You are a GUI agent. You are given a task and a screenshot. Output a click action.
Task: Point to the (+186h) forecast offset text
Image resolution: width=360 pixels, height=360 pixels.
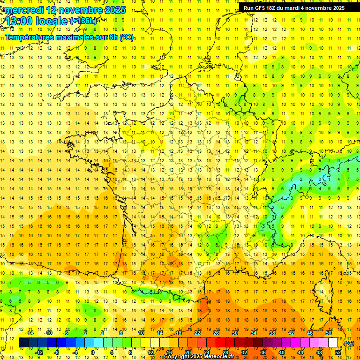point(83,21)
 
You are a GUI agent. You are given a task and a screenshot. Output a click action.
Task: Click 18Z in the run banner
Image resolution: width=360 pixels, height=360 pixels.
point(272,8)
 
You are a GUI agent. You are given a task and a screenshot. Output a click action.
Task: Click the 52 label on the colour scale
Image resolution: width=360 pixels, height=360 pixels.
point(338,352)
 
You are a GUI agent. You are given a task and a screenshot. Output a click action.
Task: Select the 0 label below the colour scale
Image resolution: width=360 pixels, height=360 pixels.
point(93,352)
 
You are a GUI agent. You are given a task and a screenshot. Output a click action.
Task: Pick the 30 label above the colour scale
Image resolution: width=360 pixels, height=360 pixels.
point(234,333)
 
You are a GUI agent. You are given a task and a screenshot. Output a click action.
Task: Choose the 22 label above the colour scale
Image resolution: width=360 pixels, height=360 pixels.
point(197,333)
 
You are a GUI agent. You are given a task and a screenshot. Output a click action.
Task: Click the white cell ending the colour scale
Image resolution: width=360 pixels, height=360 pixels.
point(333,343)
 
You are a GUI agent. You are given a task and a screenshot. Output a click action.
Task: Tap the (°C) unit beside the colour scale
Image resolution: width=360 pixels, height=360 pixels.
point(349,343)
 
